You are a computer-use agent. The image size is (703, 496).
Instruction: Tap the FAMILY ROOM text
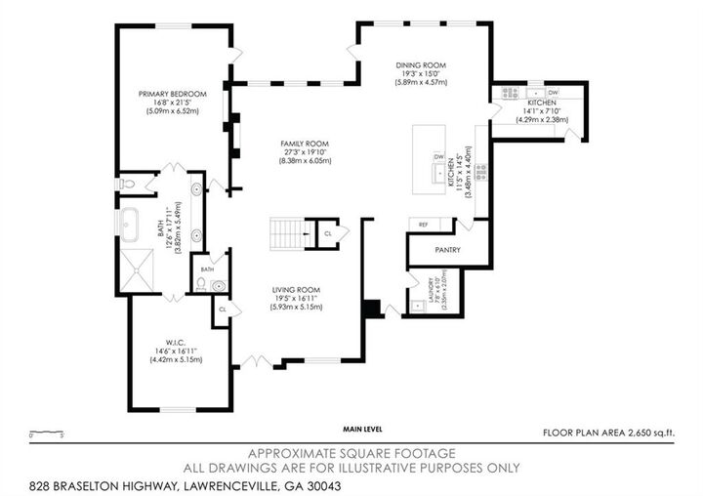(x=305, y=144)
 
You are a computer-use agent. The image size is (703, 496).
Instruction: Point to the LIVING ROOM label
(x=296, y=289)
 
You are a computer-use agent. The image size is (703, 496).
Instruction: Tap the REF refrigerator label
(x=423, y=225)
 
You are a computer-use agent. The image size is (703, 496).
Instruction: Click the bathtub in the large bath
(x=131, y=223)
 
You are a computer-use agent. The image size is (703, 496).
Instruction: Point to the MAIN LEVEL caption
(x=363, y=429)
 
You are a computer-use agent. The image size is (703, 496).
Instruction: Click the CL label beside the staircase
(x=328, y=233)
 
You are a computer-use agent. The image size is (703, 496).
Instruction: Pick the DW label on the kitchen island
(x=438, y=157)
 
